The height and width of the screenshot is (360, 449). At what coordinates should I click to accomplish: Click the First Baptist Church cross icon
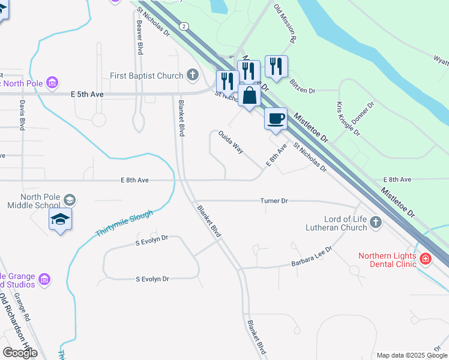point(192,75)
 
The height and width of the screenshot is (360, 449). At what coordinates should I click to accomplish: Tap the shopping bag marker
point(249,95)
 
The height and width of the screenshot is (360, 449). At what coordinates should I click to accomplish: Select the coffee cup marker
point(276,119)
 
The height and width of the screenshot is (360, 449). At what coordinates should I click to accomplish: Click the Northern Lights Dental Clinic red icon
point(426,259)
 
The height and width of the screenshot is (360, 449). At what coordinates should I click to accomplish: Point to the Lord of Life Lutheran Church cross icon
point(376,223)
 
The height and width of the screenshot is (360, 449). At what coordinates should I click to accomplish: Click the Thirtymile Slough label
point(124,223)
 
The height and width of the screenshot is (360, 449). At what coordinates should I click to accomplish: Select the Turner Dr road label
point(274,200)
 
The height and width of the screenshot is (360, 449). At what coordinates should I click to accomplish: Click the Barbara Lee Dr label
point(312,256)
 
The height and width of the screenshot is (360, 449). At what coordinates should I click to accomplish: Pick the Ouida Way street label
point(231,142)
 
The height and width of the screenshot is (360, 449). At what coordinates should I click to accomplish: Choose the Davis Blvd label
point(22,115)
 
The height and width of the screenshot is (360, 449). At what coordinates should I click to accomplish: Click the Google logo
point(20,353)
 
